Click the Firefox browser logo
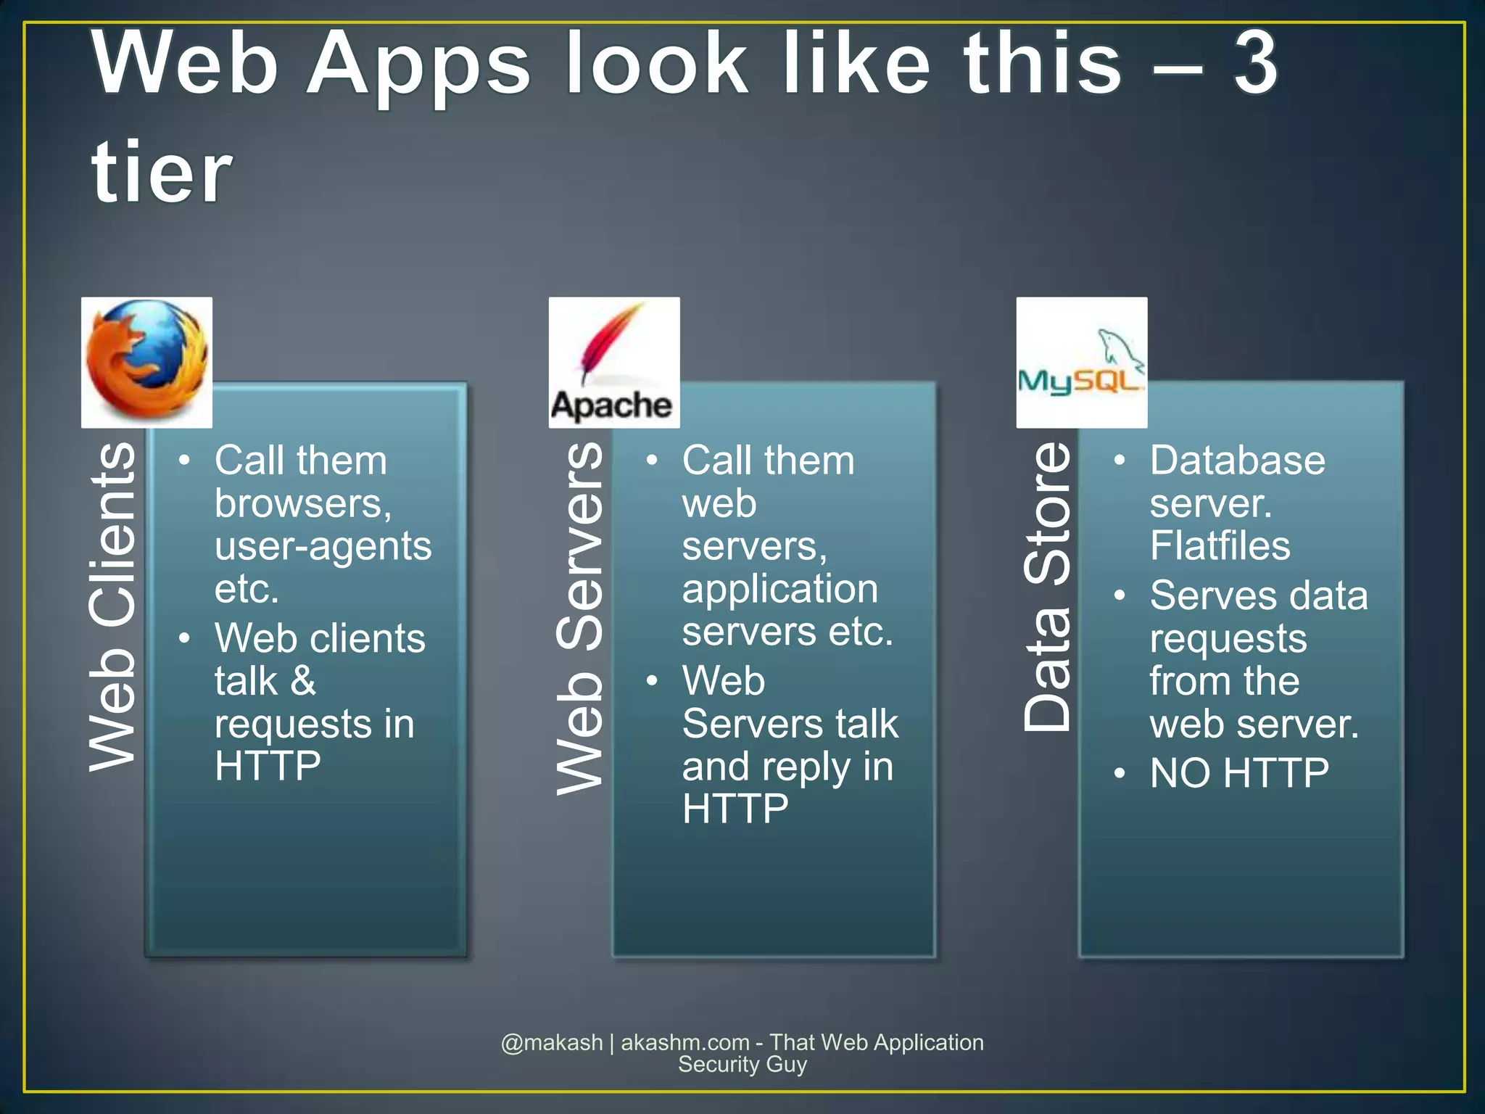(146, 361)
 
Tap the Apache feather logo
(613, 361)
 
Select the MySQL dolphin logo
(1081, 363)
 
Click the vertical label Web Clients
(112, 606)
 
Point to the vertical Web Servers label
(579, 618)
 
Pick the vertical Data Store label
(1046, 586)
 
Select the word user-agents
(323, 546)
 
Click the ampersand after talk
(302, 681)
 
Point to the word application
(779, 589)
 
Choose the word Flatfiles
(1220, 546)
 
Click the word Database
(1237, 461)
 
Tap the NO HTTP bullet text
(1239, 773)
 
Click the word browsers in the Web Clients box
(302, 503)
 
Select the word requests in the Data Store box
(1228, 639)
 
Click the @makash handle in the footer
(552, 1042)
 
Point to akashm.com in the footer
(685, 1042)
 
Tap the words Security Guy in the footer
(742, 1065)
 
